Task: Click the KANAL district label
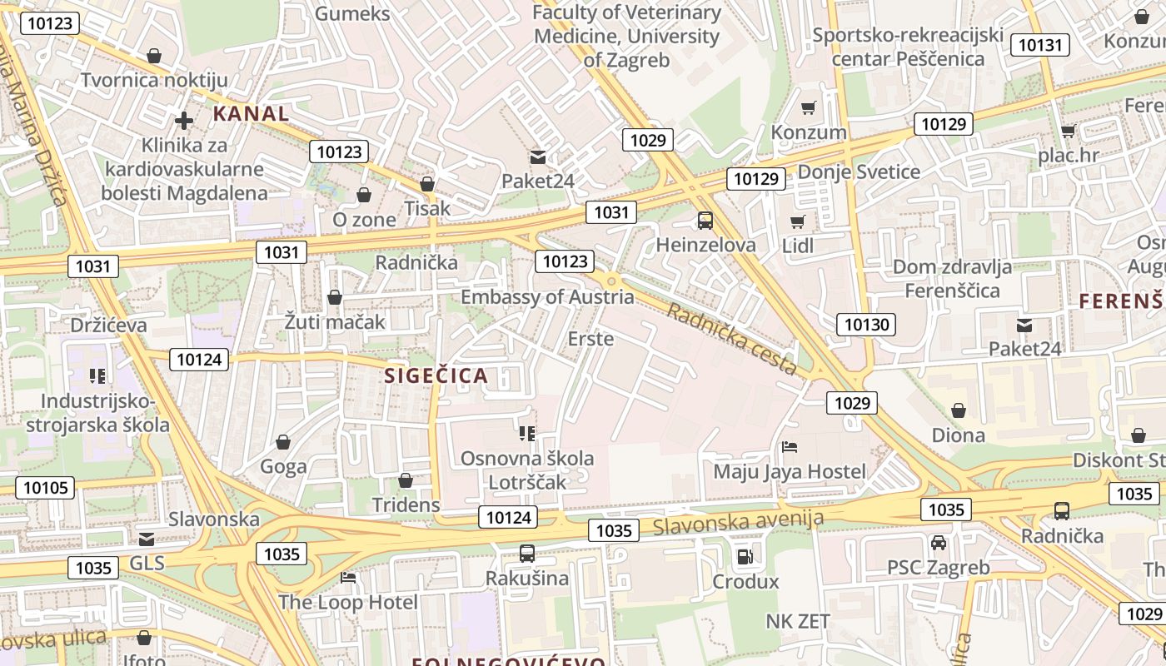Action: [x=251, y=113]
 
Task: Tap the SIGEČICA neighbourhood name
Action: [x=436, y=375]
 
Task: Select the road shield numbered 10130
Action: [x=866, y=325]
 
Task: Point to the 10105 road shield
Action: [x=46, y=488]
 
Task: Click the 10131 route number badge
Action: [x=1039, y=45]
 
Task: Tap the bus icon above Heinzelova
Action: [x=705, y=221]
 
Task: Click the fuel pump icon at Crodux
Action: [x=745, y=556]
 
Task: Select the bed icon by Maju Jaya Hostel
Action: [x=790, y=447]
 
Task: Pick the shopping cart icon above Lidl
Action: [x=798, y=221]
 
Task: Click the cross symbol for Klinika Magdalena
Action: [x=184, y=121]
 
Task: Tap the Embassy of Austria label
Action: [x=547, y=297]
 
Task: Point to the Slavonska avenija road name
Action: [x=738, y=523]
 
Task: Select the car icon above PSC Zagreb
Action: [x=939, y=543]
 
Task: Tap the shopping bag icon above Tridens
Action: [x=406, y=480]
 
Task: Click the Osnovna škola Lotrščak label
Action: [x=527, y=470]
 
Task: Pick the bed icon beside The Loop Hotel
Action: [x=349, y=577]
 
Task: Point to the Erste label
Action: [x=590, y=339]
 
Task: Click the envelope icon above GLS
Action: [x=147, y=539]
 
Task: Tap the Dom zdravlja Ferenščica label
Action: [x=952, y=279]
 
